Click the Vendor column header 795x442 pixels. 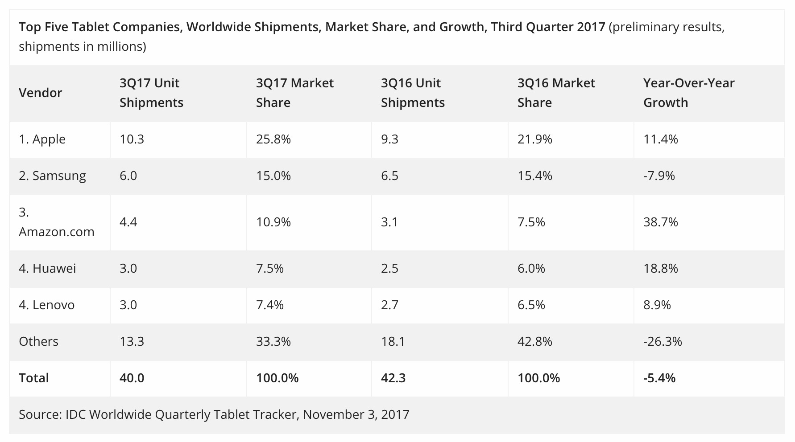click(40, 93)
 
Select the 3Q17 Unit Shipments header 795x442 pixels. click(151, 93)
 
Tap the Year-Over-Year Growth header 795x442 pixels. click(688, 93)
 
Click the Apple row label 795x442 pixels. click(42, 139)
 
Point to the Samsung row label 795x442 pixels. click(52, 176)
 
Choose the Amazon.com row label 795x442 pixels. click(56, 222)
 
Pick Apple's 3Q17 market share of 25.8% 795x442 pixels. click(273, 139)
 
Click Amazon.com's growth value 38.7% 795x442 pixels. click(660, 222)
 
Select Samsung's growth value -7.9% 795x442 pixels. click(659, 176)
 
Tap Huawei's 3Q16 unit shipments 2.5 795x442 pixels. click(389, 268)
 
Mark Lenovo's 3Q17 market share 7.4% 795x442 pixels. click(269, 305)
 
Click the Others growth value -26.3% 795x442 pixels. click(662, 341)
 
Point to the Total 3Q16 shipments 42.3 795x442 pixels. click(393, 378)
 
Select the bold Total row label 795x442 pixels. click(33, 378)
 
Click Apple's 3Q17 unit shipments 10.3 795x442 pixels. click(132, 139)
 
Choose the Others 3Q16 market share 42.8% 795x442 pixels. click(534, 341)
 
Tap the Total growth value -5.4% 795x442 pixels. click(659, 378)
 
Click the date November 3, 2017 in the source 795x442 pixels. click(356, 414)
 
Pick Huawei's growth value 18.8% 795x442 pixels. click(660, 268)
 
